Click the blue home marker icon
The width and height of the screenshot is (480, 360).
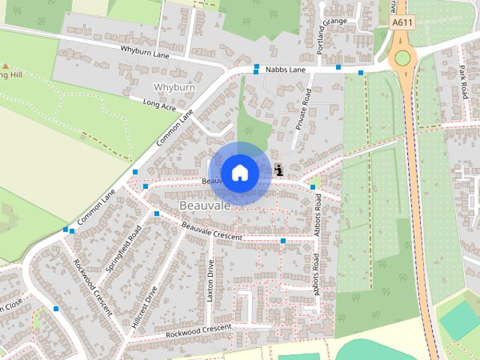(x=239, y=172)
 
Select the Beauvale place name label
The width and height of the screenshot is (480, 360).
(x=202, y=204)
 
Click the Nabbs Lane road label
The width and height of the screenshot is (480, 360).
(x=286, y=70)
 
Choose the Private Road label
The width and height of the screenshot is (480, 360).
(x=303, y=109)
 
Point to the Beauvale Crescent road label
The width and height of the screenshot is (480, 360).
(x=212, y=230)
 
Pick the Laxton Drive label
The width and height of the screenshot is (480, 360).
(x=211, y=280)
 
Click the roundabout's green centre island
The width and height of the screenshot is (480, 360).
(x=403, y=58)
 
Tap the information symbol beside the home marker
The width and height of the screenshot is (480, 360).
(x=279, y=169)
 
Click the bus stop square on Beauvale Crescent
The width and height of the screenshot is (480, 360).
(x=283, y=241)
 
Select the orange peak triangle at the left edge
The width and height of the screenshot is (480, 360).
(x=4, y=67)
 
